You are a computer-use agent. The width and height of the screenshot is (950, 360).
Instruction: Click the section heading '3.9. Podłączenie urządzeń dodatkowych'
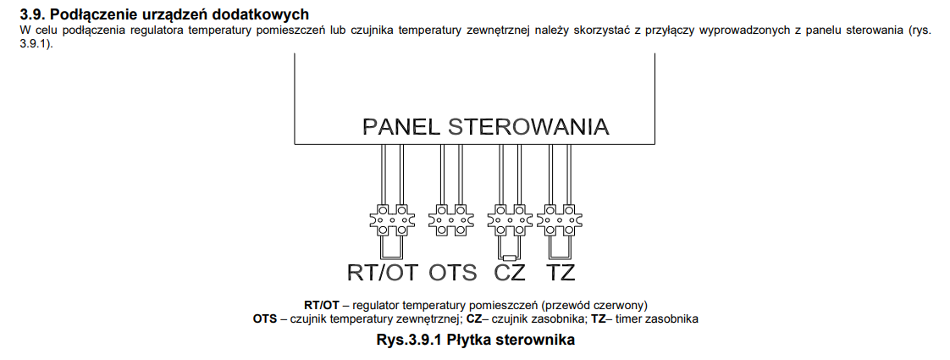tap(164, 14)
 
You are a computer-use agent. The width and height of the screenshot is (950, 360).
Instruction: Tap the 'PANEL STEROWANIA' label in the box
tap(485, 127)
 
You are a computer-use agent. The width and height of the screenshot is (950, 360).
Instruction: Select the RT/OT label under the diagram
tap(383, 273)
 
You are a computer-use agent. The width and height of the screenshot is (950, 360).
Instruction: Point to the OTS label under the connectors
tap(453, 273)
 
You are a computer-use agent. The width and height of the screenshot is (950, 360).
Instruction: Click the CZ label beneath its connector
tap(510, 273)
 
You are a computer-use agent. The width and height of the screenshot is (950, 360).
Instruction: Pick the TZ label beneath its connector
tap(561, 273)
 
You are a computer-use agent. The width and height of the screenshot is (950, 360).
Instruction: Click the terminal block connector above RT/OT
tap(391, 219)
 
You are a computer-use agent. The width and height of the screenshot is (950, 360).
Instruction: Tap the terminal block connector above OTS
tap(450, 219)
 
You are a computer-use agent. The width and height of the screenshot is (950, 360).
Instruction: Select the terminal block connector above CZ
tap(510, 219)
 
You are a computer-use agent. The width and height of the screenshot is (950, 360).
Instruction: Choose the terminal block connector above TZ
tap(559, 219)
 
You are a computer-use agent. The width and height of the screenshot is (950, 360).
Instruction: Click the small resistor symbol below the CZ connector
tap(510, 258)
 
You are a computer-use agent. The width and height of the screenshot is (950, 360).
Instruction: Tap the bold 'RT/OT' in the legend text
tap(322, 304)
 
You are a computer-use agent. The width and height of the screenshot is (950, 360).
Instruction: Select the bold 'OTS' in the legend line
tap(265, 318)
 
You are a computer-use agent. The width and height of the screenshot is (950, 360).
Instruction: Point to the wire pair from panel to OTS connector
tap(450, 174)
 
